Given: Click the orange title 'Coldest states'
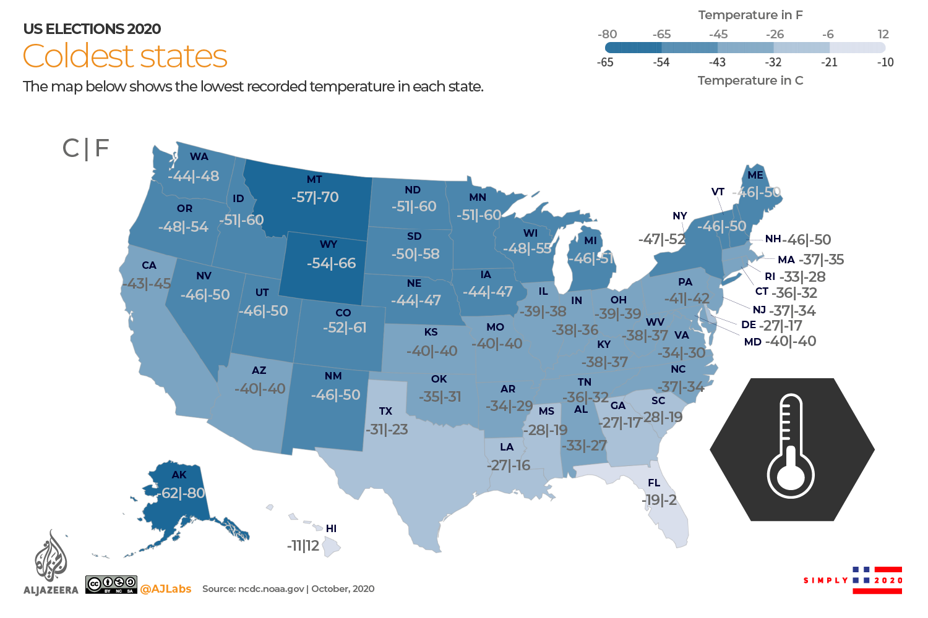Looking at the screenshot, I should coord(125,56).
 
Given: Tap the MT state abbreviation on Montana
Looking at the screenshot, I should coord(314,179).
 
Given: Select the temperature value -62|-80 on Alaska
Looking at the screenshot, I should coord(181,493).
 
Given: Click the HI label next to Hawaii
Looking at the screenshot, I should coord(331,528).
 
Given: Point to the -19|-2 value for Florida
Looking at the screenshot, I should coord(659,500).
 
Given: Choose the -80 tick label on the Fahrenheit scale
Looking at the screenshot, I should coord(608,35).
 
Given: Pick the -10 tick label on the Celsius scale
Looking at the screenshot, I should coord(885,62).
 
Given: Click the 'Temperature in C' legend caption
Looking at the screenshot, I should coord(750,80).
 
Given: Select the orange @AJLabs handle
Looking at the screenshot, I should coord(166,589).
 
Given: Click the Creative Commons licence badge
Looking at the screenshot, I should coord(111,584).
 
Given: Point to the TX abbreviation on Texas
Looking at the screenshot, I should coord(385,411).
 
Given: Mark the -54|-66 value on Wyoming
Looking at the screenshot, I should coord(332,263).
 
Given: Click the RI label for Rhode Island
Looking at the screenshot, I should coord(770,276).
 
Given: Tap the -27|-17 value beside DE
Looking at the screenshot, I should coord(781,326).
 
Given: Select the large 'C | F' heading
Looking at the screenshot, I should coord(85,148).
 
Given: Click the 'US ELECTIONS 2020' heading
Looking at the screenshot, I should coord(92,29).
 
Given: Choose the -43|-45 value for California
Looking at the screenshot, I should coord(147,284).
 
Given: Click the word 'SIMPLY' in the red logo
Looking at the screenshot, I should coord(826,580).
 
